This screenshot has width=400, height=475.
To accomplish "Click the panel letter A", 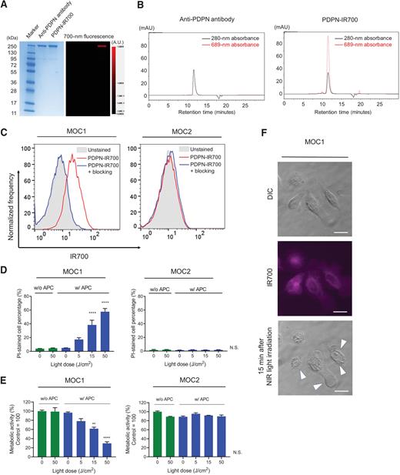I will tap(5, 5).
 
